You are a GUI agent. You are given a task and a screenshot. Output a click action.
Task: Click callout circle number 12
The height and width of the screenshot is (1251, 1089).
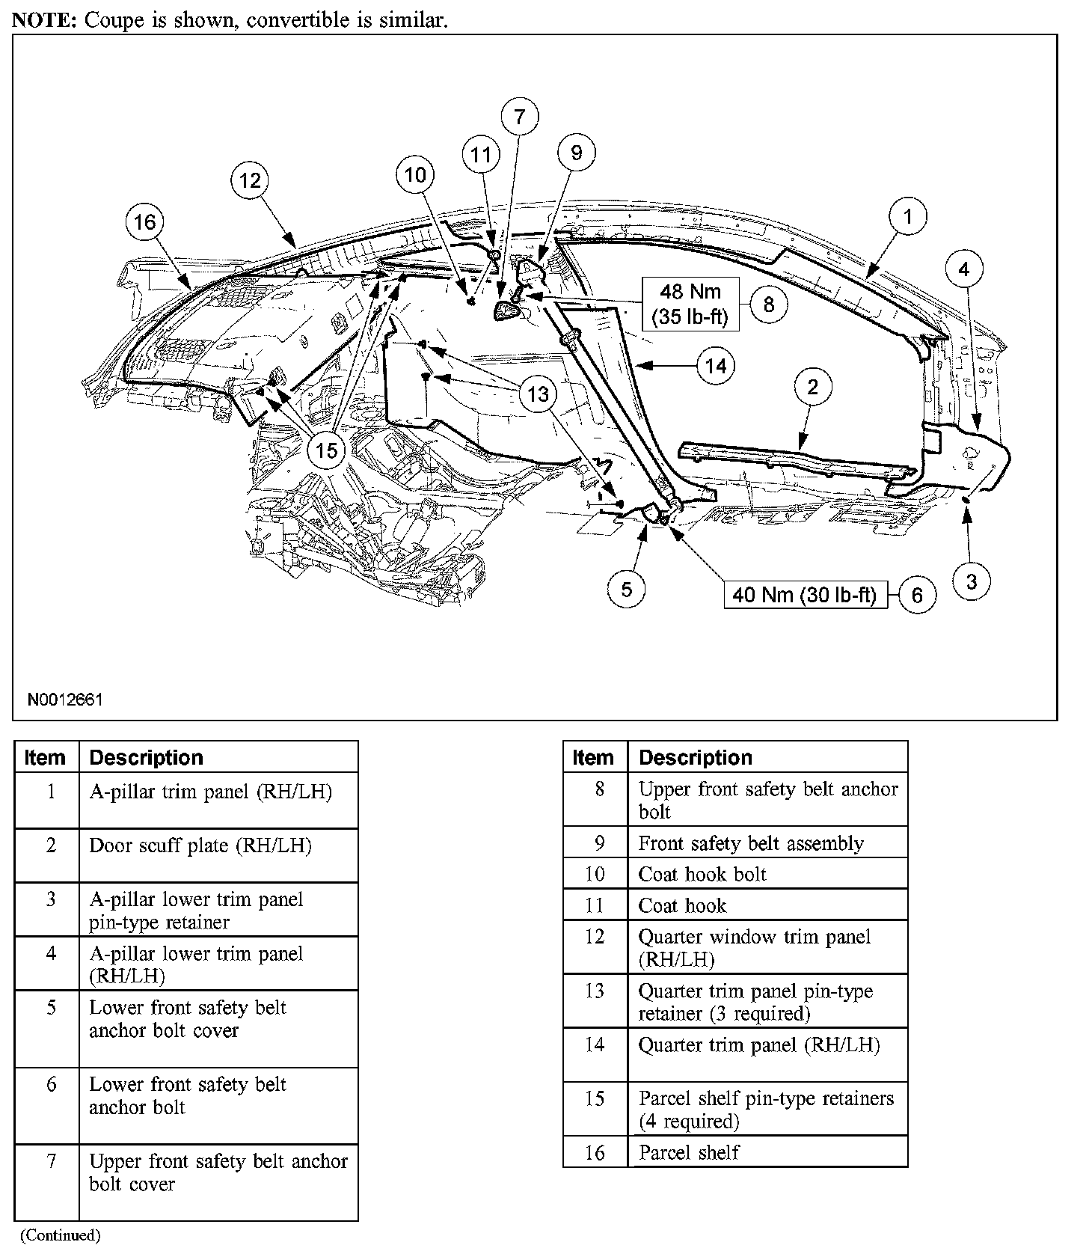coord(250,180)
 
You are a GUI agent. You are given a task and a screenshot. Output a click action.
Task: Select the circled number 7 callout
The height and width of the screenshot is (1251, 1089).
coord(519,117)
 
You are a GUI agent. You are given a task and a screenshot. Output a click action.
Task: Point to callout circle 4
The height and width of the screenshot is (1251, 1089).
coord(964,269)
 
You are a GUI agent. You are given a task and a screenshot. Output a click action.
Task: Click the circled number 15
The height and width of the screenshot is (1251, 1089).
coord(327,450)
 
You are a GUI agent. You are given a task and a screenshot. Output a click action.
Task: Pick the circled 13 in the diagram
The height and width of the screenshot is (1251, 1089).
coord(539,394)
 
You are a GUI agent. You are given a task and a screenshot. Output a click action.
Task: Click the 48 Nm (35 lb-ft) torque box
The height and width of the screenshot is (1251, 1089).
coord(690,304)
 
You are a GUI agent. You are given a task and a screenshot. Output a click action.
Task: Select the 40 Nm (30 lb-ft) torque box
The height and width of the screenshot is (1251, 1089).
coord(805,595)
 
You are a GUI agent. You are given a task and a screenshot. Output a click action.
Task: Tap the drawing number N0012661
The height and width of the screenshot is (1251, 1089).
coord(65,700)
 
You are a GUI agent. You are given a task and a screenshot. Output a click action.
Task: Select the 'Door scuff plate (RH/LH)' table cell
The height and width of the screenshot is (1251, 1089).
coord(200,845)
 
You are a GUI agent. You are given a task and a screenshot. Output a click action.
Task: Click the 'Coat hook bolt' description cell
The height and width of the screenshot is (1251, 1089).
coord(702,874)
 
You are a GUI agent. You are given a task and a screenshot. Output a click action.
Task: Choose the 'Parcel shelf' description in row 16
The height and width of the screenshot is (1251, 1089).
coord(689,1152)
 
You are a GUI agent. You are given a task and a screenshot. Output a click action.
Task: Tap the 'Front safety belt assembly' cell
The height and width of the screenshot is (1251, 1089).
coord(751,843)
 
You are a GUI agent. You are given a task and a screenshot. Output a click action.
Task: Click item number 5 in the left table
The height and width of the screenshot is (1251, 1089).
coord(51,1007)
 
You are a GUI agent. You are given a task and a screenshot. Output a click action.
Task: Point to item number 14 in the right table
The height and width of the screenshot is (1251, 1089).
coord(595,1044)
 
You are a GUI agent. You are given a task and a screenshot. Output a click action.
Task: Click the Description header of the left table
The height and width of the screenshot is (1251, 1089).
coord(147,757)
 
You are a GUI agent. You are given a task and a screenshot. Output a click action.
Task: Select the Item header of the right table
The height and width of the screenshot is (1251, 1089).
coord(593,757)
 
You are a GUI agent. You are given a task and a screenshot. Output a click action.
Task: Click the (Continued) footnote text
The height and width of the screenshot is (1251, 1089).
coord(60,1235)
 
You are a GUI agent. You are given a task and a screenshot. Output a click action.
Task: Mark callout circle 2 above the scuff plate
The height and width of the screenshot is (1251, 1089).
coord(812,388)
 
